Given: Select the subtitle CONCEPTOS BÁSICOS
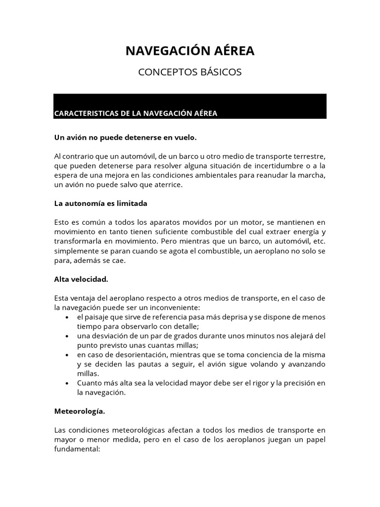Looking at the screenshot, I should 190,72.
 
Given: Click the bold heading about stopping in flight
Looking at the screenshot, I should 129,137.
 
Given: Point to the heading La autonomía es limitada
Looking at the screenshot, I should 100,203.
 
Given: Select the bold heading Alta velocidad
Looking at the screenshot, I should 81,279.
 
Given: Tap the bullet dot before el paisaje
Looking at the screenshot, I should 67,317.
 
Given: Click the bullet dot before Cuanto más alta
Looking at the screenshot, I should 67,383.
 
